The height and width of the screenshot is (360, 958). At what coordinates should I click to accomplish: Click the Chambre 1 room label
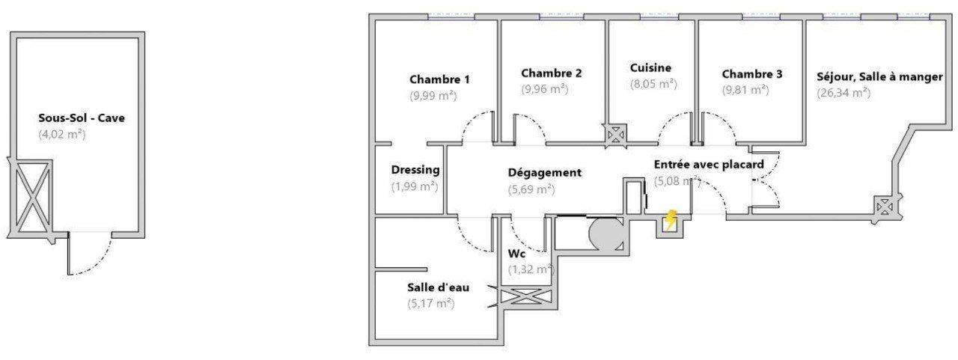click(439, 79)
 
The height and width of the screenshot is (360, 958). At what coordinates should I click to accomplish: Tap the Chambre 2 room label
click(552, 73)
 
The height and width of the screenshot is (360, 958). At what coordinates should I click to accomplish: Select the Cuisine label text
click(650, 67)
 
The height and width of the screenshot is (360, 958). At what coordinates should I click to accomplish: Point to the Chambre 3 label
click(752, 74)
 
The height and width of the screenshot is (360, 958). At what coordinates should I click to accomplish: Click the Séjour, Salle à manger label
click(879, 77)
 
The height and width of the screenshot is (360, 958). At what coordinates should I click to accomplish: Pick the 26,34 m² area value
click(843, 93)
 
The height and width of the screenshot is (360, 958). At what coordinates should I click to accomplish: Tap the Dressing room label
click(415, 170)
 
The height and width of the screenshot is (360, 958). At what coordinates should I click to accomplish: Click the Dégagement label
click(544, 173)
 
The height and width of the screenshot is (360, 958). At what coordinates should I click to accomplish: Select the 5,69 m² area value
click(531, 189)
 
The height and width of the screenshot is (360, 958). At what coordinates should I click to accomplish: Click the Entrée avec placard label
click(709, 165)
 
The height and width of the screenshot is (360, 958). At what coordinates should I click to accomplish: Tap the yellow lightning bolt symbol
click(670, 220)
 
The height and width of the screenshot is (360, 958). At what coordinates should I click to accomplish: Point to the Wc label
click(516, 254)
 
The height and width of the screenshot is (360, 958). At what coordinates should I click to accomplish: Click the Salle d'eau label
click(438, 287)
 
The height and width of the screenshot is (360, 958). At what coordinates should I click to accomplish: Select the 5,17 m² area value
click(430, 304)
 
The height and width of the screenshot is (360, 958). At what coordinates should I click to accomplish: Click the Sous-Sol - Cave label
click(82, 118)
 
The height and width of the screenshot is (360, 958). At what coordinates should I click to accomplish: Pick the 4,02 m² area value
click(62, 134)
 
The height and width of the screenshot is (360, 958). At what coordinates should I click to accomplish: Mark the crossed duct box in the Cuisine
click(616, 136)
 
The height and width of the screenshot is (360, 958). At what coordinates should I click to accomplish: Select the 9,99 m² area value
click(433, 96)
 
